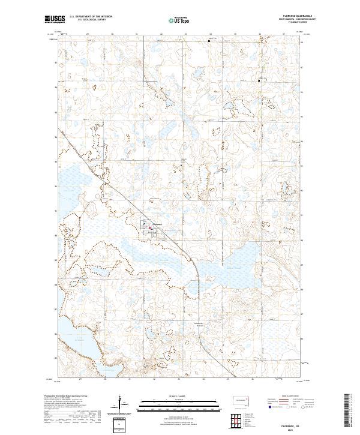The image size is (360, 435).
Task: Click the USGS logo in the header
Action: pos(56,19)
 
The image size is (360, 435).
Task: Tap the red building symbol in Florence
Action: pos(150,227)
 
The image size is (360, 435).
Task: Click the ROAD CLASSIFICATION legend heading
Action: pos(291,396)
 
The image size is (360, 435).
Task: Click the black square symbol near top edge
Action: pos(209,41)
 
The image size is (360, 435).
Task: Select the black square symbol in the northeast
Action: pos(259,80)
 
